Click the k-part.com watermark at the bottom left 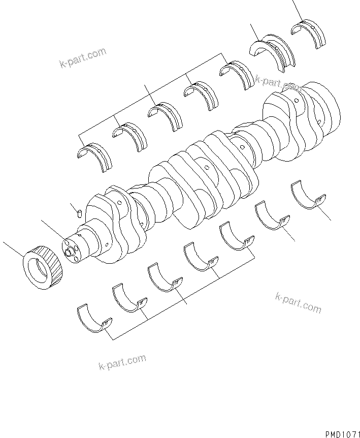pos(122,362)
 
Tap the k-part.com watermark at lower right pos(298,303)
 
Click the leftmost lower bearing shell pos(94,320)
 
